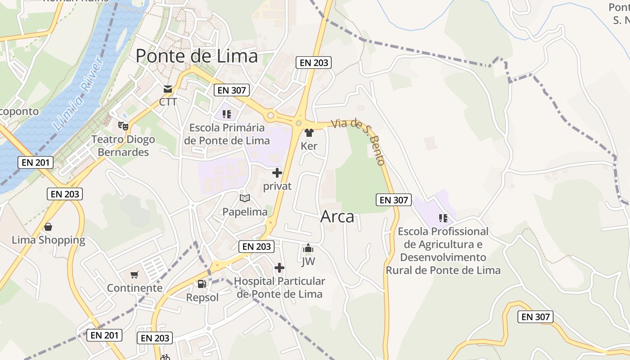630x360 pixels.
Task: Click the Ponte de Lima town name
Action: tap(197, 56)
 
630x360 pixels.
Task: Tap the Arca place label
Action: tap(337, 216)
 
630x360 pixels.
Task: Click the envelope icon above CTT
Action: tap(168, 89)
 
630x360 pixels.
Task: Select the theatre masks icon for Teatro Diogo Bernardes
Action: tap(123, 126)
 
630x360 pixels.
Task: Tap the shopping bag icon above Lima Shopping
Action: tap(48, 227)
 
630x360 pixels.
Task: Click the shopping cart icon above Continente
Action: tap(134, 274)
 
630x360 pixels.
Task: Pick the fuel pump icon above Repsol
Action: tap(202, 284)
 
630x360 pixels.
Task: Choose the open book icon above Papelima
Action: tap(244, 198)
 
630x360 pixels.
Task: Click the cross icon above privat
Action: tap(277, 173)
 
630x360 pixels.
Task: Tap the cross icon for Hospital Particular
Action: tap(279, 268)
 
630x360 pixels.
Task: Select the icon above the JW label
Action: tap(308, 248)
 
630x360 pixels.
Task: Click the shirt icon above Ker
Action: tap(309, 133)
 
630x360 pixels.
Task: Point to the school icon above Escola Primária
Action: tap(226, 114)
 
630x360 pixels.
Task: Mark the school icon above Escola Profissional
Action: tap(443, 218)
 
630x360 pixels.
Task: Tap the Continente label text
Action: tap(135, 288)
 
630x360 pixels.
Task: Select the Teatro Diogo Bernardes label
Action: tap(123, 146)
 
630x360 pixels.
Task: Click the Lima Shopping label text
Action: tap(48, 240)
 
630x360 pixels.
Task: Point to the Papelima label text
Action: tap(245, 211)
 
